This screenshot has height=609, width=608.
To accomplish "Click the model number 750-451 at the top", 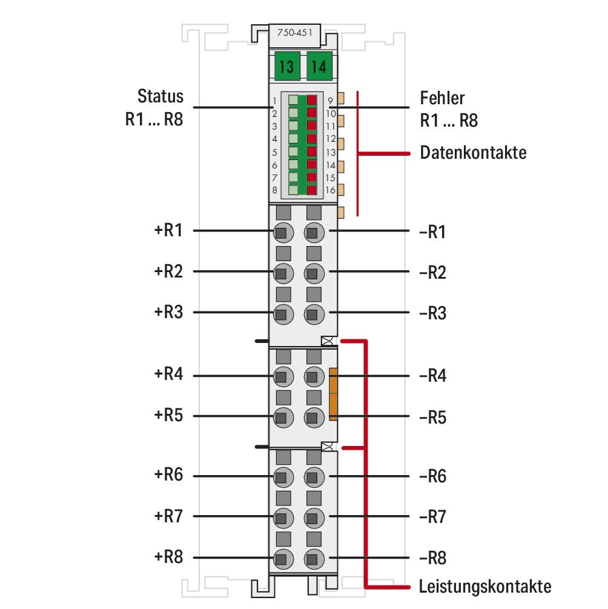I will click(295, 34).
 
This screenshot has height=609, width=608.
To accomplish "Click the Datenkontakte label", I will click(473, 153).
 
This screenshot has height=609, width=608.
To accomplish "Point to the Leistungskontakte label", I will click(485, 586).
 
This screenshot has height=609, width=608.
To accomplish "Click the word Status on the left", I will click(160, 96).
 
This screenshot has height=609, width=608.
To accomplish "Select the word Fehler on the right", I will click(442, 98).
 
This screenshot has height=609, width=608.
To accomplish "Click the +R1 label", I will click(168, 231).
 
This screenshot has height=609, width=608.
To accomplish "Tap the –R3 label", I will click(433, 314).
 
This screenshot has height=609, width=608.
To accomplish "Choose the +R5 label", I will click(168, 416).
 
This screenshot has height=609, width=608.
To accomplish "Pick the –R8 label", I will click(433, 558).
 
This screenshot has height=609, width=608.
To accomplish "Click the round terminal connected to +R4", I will click(281, 376).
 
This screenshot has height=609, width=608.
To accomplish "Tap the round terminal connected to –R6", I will click(312, 477).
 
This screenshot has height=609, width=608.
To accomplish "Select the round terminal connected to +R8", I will click(281, 557).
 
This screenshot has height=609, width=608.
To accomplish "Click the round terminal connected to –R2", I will click(312, 273).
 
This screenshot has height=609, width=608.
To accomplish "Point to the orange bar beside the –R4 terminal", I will click(332, 393).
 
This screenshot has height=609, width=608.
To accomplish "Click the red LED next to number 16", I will click(312, 190).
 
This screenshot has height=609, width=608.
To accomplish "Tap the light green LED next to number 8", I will click(293, 190).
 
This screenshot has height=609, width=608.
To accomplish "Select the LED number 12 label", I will click(331, 139).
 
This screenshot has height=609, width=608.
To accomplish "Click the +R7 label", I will click(168, 516).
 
